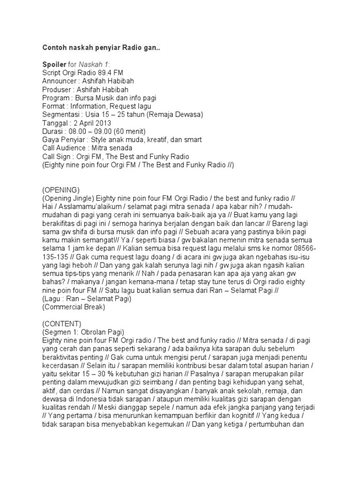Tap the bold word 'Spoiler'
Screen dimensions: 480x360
pyautogui.click(x=54, y=65)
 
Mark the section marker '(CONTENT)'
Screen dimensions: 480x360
pyautogui.click(x=61, y=323)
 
